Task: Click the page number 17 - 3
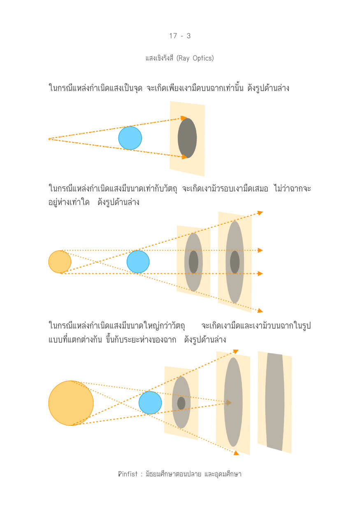[x=180, y=36]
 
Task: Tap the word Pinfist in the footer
[x=128, y=474]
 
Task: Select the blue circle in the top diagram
[x=130, y=138]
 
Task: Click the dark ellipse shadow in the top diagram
[x=187, y=138]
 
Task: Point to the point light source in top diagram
[x=49, y=139]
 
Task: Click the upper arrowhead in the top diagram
[x=183, y=118]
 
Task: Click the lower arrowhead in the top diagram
[x=184, y=157]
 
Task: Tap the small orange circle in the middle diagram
[x=60, y=261]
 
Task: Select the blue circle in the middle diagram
[x=138, y=261]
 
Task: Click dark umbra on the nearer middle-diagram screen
[x=193, y=262]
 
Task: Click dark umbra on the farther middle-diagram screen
[x=235, y=262]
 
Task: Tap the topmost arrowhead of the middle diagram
[x=260, y=213]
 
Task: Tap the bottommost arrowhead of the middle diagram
[x=260, y=310]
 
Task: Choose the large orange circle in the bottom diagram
[x=71, y=403]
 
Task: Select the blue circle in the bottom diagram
[x=150, y=403]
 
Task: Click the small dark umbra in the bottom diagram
[x=181, y=403]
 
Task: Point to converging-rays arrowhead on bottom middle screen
[x=228, y=403]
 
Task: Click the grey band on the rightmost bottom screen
[x=275, y=402]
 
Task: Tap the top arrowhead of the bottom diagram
[x=236, y=351]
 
